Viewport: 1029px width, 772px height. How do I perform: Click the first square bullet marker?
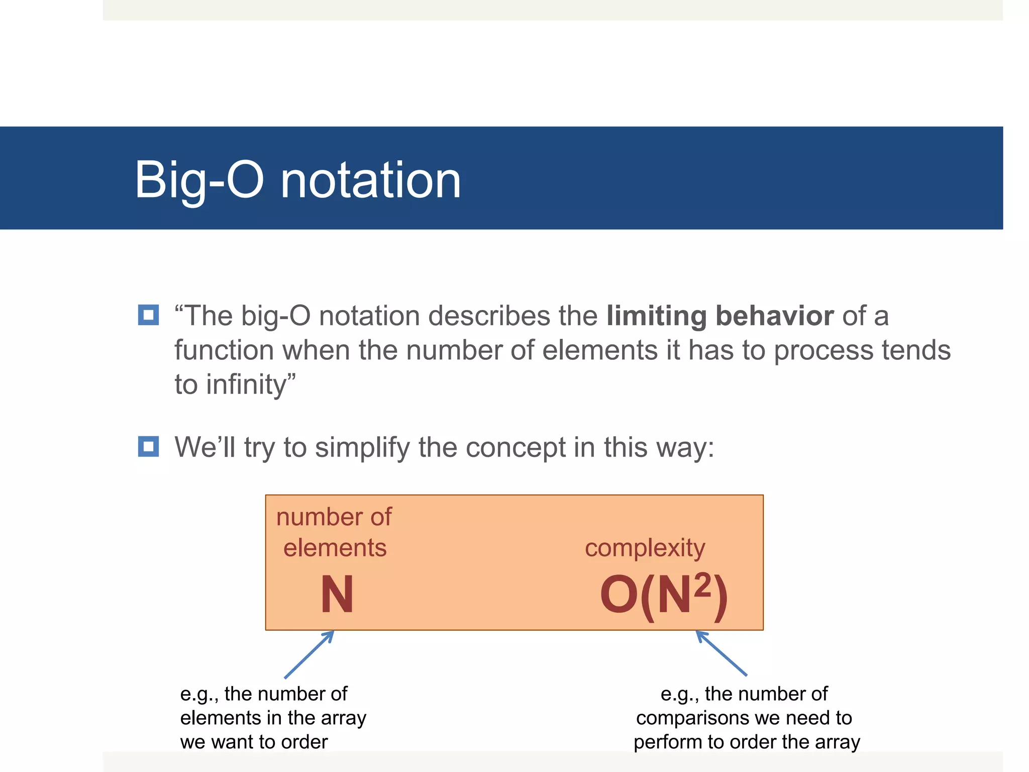coord(148,315)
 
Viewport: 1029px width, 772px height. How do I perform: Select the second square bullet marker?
coord(148,446)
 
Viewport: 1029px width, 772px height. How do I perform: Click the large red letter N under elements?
coord(337,595)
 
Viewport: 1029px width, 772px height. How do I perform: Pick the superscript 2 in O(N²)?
coord(702,585)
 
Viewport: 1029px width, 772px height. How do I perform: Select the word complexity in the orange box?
coord(645,548)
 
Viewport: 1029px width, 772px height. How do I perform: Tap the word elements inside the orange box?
coord(335,548)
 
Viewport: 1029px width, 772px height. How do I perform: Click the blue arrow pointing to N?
coord(309,654)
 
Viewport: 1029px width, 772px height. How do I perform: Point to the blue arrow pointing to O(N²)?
coord(722,653)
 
